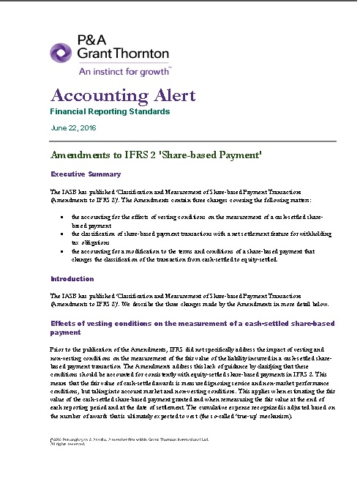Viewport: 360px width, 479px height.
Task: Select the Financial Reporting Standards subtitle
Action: pyautogui.click(x=110, y=112)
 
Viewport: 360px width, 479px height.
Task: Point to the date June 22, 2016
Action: pyautogui.click(x=73, y=128)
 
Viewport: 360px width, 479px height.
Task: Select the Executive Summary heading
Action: pyautogui.click(x=85, y=174)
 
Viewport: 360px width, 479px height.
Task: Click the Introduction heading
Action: pyautogui.click(x=72, y=279)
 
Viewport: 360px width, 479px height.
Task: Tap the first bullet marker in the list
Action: pyautogui.click(x=61, y=218)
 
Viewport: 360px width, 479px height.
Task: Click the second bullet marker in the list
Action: pyautogui.click(x=61, y=234)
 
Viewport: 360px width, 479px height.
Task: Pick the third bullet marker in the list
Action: pyautogui.click(x=61, y=250)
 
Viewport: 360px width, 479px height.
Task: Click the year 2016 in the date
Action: pyautogui.click(x=88, y=128)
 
